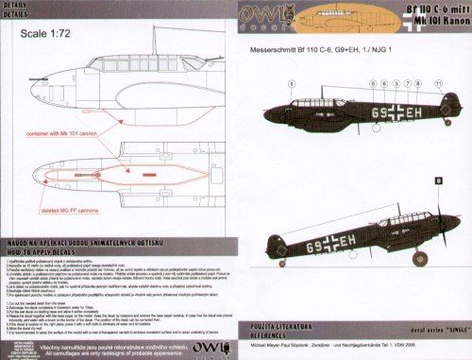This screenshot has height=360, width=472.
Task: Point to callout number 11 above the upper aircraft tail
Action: pos(437,83)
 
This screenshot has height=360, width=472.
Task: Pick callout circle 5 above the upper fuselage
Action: pos(372,83)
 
